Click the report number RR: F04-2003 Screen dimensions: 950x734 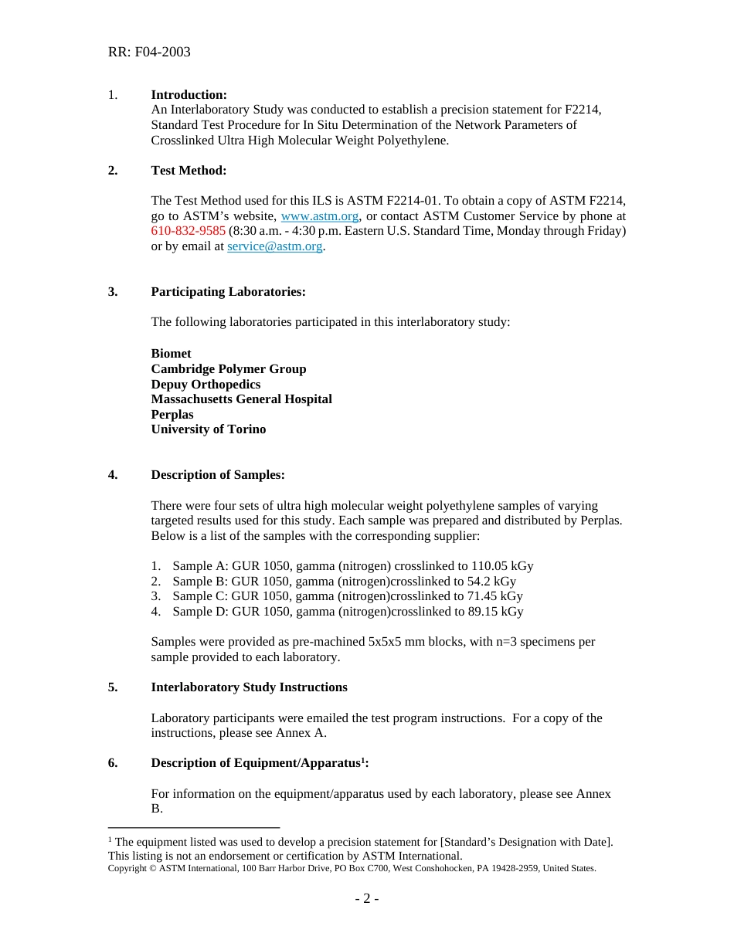coord(149,53)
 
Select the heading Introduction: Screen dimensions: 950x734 coord(189,95)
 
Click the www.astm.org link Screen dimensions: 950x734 coord(319,216)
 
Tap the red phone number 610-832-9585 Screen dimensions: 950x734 coord(188,231)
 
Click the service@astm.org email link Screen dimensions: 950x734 coord(274,246)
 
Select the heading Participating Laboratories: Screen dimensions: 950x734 coord(228,292)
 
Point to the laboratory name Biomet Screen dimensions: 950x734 coord(171,354)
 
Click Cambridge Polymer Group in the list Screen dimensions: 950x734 coord(228,369)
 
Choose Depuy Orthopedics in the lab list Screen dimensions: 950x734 coord(206,385)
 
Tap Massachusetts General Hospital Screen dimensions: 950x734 coord(241,399)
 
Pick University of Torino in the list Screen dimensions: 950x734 coord(208,429)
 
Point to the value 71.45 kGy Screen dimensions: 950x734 coord(494,596)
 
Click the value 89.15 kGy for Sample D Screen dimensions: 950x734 coord(495,612)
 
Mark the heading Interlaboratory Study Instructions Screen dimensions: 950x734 coord(249,687)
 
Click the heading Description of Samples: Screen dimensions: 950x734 coord(218,475)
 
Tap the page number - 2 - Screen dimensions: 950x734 coord(366,899)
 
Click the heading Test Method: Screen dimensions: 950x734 coord(189,171)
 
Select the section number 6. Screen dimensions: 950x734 coord(113,763)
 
